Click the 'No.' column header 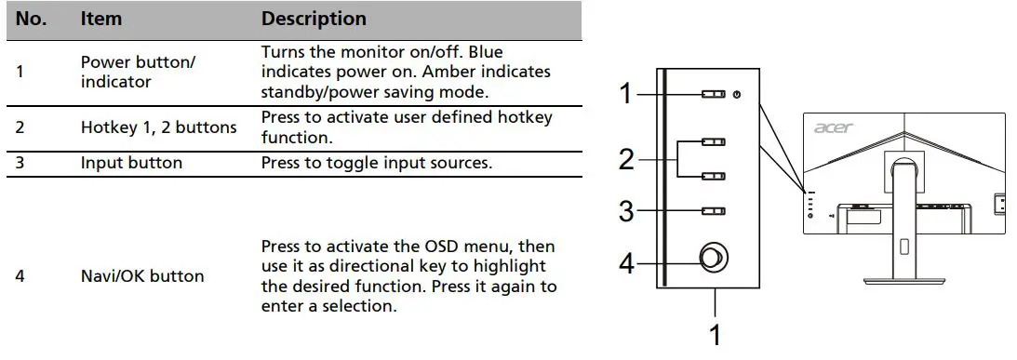[31, 19]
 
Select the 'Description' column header [314, 19]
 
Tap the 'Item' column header [101, 19]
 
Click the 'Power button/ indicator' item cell [138, 72]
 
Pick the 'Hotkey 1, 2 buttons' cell [158, 127]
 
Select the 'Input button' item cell [131, 163]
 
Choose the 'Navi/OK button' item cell [142, 276]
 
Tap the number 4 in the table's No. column [20, 276]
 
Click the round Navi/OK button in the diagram [714, 259]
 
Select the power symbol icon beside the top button [737, 94]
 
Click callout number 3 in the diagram [626, 211]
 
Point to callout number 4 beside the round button [626, 263]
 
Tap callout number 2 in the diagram [626, 160]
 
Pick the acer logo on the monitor [833, 127]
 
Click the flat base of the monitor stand [903, 279]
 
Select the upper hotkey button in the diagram [713, 141]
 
